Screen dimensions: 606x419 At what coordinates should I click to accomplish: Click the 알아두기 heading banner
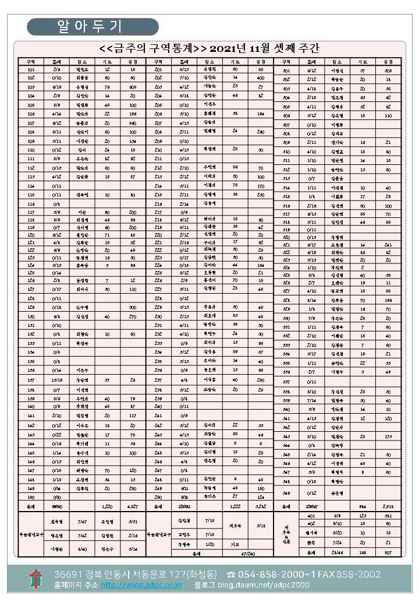point(93,26)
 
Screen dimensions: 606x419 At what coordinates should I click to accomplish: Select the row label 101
point(31,69)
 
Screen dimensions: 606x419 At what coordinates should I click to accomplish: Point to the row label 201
point(158,69)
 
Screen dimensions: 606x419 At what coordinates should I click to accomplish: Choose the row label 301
point(286,71)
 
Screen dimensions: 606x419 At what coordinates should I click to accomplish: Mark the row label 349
point(286,493)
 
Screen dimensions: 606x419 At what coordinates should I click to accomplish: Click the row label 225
point(158,272)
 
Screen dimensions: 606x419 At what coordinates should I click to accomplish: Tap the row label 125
point(31,272)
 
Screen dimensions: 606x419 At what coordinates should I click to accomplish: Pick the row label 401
point(311,516)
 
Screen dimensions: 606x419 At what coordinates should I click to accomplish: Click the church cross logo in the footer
point(36,578)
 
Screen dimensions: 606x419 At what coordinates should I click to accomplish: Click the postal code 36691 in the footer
point(67,574)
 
